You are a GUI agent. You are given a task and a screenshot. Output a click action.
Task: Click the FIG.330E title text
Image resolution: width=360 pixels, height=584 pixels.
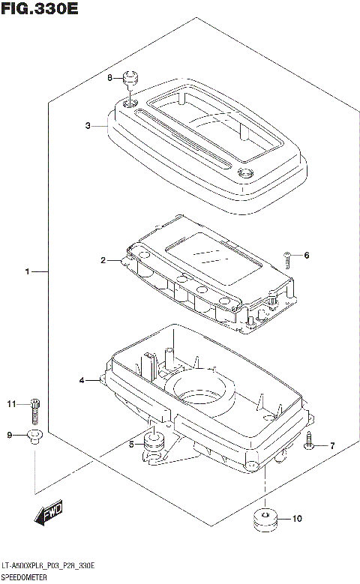[39, 10]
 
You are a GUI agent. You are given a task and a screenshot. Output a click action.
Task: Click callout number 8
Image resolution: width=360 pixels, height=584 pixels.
[109, 78]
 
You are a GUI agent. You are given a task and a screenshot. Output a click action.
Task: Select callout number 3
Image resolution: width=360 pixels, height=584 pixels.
[88, 126]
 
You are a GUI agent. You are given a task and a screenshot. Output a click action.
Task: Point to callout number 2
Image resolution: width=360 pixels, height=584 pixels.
[103, 261]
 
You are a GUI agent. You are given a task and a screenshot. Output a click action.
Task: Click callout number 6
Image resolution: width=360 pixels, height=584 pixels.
[306, 256]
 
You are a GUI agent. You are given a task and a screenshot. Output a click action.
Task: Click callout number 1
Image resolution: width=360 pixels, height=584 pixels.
[28, 271]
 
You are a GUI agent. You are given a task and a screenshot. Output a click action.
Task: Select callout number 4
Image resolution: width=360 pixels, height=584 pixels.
[82, 381]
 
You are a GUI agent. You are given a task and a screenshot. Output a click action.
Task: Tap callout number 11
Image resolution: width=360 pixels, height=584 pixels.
[11, 405]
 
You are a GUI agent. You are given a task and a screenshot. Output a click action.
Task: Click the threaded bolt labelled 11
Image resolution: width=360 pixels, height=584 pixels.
[35, 409]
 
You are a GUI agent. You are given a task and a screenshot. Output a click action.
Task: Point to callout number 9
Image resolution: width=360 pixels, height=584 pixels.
[10, 436]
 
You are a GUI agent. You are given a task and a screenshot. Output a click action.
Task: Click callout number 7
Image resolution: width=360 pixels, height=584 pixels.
[332, 446]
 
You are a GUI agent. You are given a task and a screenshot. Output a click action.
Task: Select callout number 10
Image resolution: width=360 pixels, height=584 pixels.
[297, 518]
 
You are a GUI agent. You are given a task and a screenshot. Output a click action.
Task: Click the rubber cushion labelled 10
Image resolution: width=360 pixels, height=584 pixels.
[264, 520]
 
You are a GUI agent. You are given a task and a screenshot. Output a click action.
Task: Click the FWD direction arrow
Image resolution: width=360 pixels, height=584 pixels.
[48, 514]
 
